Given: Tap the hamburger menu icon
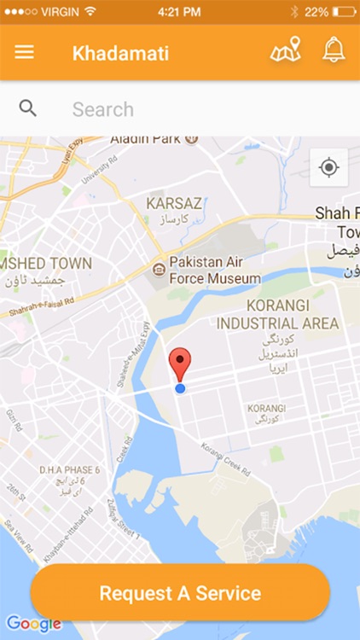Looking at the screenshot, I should [25, 52].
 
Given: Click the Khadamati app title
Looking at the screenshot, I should [120, 53].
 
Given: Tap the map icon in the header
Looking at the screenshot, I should [286, 50].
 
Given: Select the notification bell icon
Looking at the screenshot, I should [334, 50].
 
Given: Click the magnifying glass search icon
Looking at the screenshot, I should [28, 108].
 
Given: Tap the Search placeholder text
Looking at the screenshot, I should [102, 109].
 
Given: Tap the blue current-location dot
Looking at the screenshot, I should [180, 388].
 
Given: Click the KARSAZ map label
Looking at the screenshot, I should [174, 204].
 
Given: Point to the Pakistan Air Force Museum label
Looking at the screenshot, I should [214, 270].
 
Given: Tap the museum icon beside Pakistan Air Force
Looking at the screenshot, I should [158, 270].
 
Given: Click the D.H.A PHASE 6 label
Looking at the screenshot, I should [70, 470].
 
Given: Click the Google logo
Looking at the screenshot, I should [32, 624].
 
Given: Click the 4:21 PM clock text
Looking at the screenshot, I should [180, 12].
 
